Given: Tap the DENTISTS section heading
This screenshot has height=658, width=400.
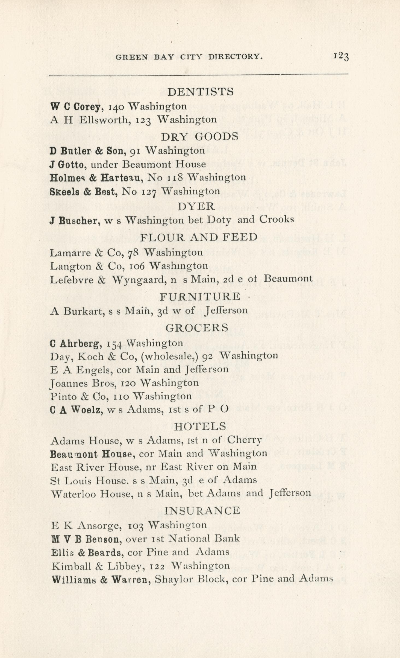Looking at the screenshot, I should point(200,92).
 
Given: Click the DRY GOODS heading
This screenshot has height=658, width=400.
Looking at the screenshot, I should point(200,136).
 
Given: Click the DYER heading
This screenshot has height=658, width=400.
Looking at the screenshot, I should point(196,206).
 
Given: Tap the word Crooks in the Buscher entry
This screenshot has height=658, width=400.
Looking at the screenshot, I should point(277,220).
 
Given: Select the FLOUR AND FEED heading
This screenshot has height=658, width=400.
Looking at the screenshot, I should point(199,237).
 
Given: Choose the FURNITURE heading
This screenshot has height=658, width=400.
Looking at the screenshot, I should point(200,297).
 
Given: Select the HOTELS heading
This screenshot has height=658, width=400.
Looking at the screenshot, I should point(200,426).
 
